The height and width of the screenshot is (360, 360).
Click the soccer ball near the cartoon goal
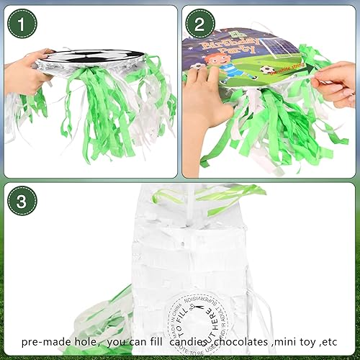point(266,69)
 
